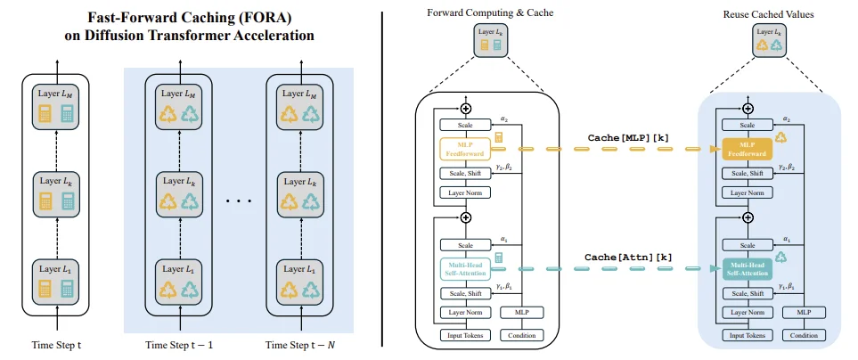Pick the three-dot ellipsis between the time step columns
[x=239, y=200]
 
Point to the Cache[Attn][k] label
[x=628, y=256]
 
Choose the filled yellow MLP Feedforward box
[x=747, y=149]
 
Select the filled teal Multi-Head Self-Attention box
[x=747, y=269]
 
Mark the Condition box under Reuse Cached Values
[x=804, y=335]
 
